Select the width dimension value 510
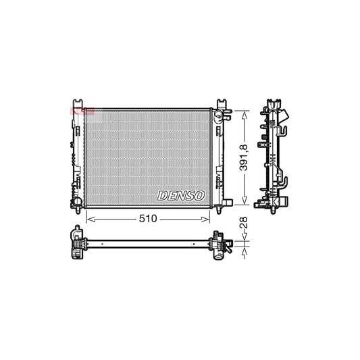click(148, 219)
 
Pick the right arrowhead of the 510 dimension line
click(209, 219)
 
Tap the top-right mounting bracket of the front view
click(220, 105)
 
